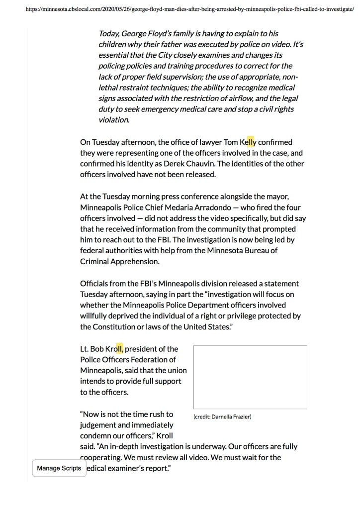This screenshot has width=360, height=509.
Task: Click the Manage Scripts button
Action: [59, 468]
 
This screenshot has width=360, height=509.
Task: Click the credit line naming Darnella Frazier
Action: [222, 416]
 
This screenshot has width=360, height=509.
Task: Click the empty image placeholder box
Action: [250, 377]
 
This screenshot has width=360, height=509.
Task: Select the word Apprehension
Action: [135, 261]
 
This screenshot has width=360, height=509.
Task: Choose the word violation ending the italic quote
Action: [114, 119]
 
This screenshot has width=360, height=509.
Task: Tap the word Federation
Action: [152, 359]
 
